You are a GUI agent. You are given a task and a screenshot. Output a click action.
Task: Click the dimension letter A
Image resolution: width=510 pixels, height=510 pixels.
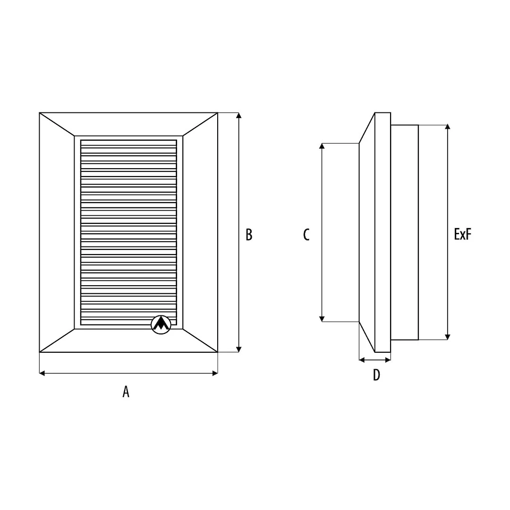126,391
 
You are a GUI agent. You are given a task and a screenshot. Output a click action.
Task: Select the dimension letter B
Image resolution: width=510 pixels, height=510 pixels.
249,235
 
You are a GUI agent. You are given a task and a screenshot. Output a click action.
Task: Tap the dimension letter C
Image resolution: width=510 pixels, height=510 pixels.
306,235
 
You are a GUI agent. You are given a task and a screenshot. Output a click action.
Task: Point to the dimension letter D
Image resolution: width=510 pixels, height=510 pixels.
376,375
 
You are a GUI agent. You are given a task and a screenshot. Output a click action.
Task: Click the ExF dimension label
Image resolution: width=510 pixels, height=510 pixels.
462,234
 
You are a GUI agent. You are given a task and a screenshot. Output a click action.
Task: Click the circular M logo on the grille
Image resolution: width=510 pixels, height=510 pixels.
161,324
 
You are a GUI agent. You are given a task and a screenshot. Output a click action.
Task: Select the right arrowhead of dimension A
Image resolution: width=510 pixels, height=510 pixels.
215,373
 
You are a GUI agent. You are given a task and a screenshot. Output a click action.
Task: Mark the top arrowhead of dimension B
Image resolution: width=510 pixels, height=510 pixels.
239,116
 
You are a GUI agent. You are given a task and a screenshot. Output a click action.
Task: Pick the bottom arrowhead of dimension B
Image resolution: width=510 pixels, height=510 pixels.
239,349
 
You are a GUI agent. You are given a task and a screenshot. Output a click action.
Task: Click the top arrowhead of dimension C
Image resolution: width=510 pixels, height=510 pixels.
322,146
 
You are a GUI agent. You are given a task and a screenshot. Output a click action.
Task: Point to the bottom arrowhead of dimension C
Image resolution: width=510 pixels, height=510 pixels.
322,319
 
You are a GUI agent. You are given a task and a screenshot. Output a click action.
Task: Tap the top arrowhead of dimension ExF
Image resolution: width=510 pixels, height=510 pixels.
448,127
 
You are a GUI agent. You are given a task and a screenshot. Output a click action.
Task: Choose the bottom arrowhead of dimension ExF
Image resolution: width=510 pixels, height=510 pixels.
448,337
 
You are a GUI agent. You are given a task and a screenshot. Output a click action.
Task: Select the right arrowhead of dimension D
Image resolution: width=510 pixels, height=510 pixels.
388,360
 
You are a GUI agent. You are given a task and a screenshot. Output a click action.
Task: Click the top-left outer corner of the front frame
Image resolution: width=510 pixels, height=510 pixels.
39,113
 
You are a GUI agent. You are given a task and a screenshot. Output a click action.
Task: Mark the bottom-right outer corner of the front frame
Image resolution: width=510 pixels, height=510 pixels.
218,352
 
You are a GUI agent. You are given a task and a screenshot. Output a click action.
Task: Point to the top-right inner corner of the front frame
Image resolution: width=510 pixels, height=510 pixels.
183,136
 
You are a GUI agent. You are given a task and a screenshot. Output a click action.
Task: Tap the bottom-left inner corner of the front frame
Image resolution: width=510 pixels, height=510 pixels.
75,329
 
